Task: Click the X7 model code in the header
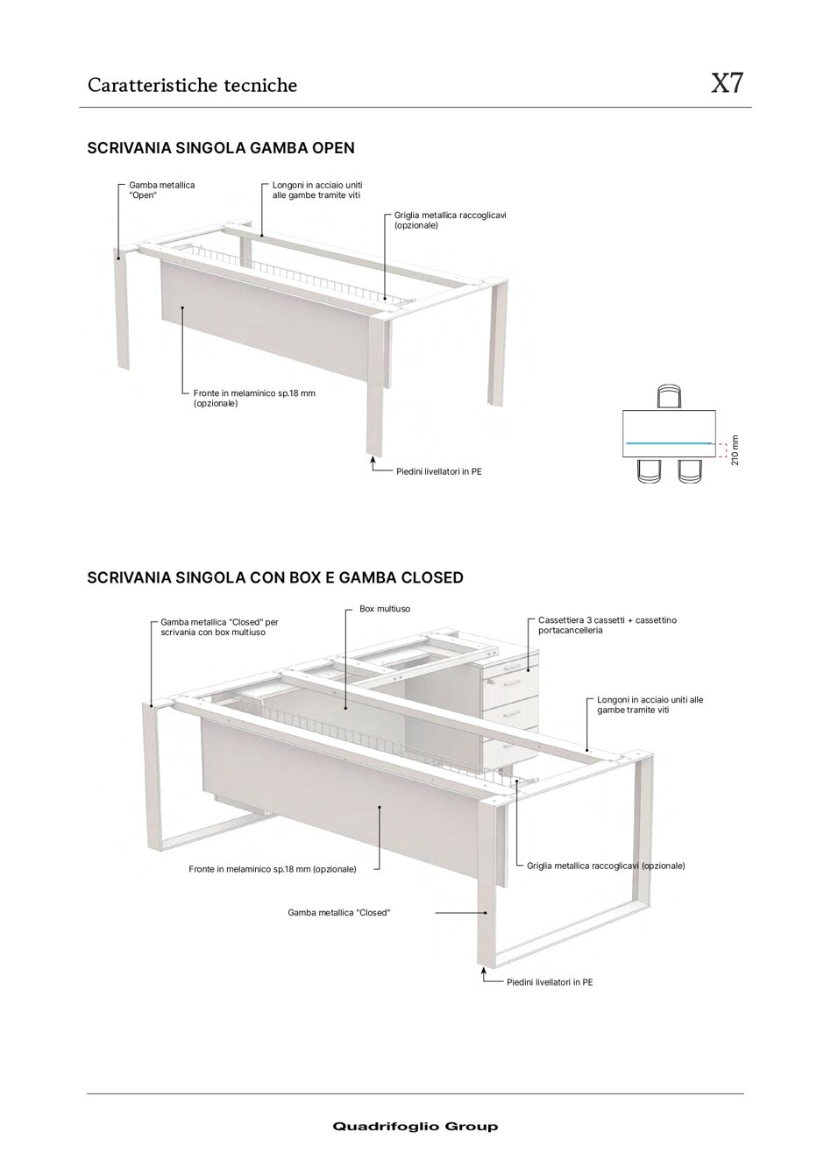click(x=727, y=84)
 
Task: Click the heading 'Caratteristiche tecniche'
click(x=192, y=85)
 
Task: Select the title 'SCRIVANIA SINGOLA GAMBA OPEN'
click(x=221, y=148)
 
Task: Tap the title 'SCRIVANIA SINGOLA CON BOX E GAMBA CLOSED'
click(x=275, y=578)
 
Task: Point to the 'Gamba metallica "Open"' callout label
click(x=161, y=190)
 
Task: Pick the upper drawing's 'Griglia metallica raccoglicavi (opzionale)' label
click(x=450, y=220)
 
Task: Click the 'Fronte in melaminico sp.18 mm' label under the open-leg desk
click(x=253, y=399)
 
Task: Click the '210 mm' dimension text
click(x=735, y=450)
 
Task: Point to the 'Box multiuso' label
click(x=384, y=608)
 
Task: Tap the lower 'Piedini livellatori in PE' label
click(x=549, y=982)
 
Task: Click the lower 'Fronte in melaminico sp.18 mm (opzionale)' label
click(x=272, y=869)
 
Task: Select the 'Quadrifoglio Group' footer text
click(x=415, y=1127)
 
